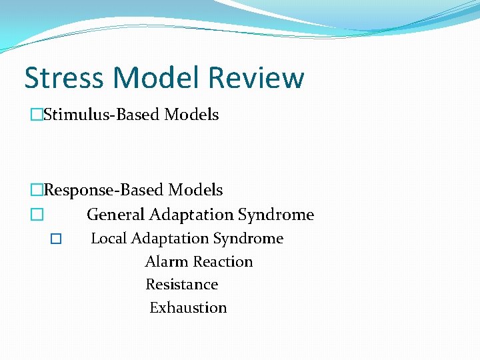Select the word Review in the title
pyautogui.click(x=256, y=78)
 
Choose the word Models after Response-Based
pyautogui.click(x=195, y=191)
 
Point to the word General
pyautogui.click(x=116, y=215)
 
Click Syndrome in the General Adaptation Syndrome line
pyautogui.click(x=276, y=215)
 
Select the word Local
pyautogui.click(x=109, y=239)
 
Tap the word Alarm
pyautogui.click(x=164, y=262)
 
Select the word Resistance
pyautogui.click(x=182, y=285)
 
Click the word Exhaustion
pyautogui.click(x=188, y=308)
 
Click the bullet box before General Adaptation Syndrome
pyautogui.click(x=36, y=215)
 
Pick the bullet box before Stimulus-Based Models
pyautogui.click(x=36, y=115)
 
